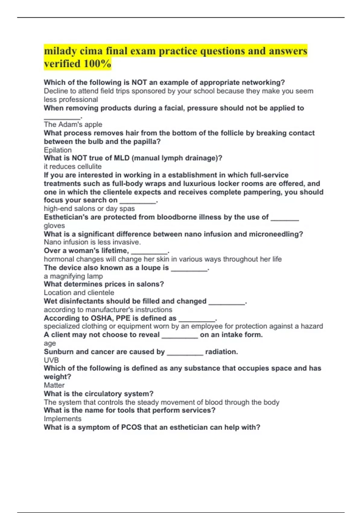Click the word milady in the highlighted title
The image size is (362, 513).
click(60, 51)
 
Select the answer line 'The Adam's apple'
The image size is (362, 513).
click(73, 124)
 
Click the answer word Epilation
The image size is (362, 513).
click(58, 150)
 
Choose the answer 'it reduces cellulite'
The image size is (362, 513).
click(72, 167)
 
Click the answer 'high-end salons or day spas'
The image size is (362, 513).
click(89, 209)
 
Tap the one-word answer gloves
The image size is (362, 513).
click(54, 226)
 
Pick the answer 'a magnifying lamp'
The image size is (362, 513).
click(73, 276)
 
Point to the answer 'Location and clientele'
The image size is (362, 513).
click(79, 293)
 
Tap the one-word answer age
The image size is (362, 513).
click(50, 343)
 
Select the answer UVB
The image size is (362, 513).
click(51, 360)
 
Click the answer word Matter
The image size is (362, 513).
click(54, 385)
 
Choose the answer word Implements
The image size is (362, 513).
click(62, 419)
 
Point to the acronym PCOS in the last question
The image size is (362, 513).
click(131, 427)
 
